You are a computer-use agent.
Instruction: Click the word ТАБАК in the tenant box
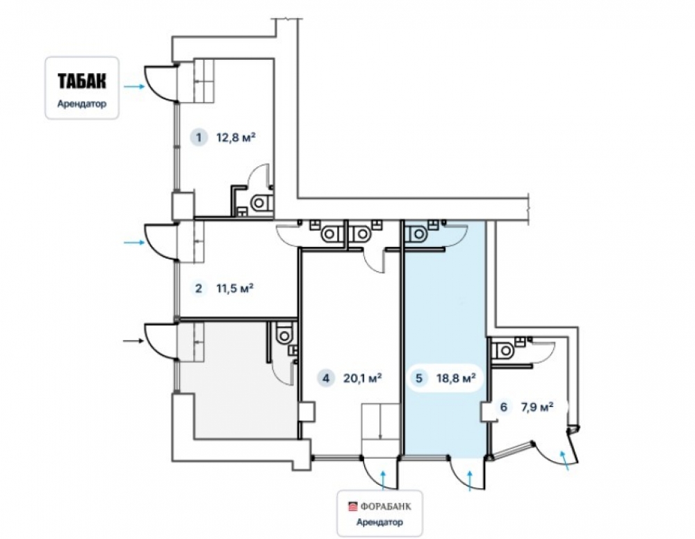pyautogui.click(x=82, y=81)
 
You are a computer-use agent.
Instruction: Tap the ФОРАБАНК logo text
pyautogui.click(x=386, y=506)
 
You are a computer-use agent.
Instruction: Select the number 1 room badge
pyautogui.click(x=199, y=137)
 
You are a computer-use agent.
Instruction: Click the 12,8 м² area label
pyautogui.click(x=236, y=137)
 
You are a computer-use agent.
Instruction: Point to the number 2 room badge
pyautogui.click(x=199, y=289)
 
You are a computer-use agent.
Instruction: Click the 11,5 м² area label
pyautogui.click(x=235, y=289)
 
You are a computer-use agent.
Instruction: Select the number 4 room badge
pyautogui.click(x=326, y=378)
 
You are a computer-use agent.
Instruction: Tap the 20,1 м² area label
pyautogui.click(x=363, y=378)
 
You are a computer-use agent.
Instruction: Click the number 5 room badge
pyautogui.click(x=419, y=378)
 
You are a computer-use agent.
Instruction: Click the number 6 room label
pyautogui.click(x=503, y=407)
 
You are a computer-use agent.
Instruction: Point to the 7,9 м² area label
pyautogui.click(x=538, y=407)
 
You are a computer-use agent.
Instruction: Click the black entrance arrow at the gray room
pyautogui.click(x=134, y=341)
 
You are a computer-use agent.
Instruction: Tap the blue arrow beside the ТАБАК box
pyautogui.click(x=134, y=86)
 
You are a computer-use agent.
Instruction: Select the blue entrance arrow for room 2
pyautogui.click(x=134, y=242)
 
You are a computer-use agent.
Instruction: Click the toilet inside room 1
pyautogui.click(x=260, y=202)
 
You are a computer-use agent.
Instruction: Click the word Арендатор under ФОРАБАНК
pyautogui.click(x=380, y=522)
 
